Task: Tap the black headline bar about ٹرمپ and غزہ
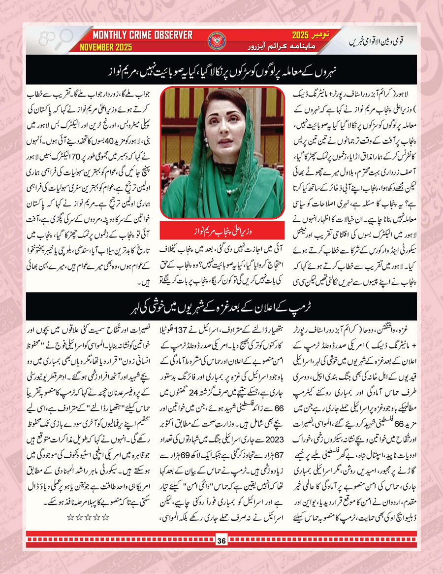[221, 302]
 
